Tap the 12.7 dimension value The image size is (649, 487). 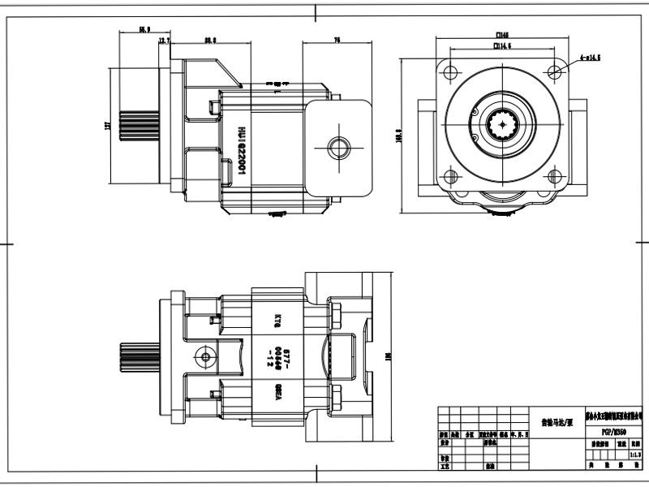point(164,41)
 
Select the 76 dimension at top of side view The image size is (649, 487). point(337,40)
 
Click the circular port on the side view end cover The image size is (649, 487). point(337,147)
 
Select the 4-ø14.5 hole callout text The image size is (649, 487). point(590,59)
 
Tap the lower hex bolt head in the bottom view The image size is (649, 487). point(335,399)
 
